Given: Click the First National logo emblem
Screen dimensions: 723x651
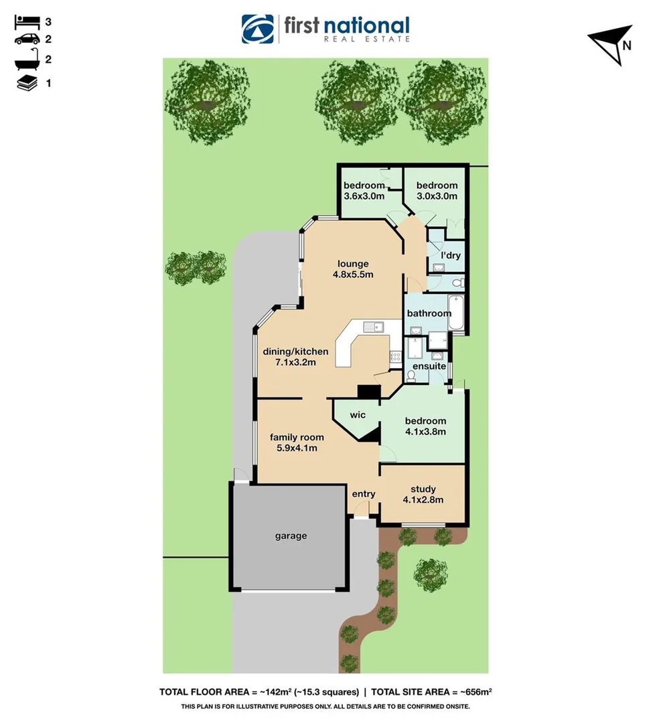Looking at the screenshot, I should coord(258,29).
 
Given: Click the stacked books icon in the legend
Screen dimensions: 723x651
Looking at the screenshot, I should coord(27,83).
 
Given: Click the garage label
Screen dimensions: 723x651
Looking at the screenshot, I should coord(291,536).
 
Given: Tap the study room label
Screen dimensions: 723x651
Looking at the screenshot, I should coord(423,489).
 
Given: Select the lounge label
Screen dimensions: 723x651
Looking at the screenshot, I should coord(353,264).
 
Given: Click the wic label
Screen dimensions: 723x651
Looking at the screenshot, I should coord(358,415).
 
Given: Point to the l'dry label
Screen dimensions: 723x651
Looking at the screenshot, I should coord(450,255).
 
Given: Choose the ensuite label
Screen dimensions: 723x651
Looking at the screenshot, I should coord(429,366).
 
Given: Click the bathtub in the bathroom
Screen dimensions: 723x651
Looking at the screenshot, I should coord(455,312).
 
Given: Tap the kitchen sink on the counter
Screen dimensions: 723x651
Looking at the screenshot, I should coord(373,327).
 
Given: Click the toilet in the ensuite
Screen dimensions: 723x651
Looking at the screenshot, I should coord(411,376).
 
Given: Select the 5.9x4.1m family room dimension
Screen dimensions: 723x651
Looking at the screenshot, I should coord(297,448).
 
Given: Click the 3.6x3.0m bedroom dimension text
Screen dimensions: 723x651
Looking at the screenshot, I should coord(364,196).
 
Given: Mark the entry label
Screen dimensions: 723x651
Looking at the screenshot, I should coord(364,494).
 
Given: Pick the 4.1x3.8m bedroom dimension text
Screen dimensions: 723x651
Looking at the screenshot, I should coord(425,432).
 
